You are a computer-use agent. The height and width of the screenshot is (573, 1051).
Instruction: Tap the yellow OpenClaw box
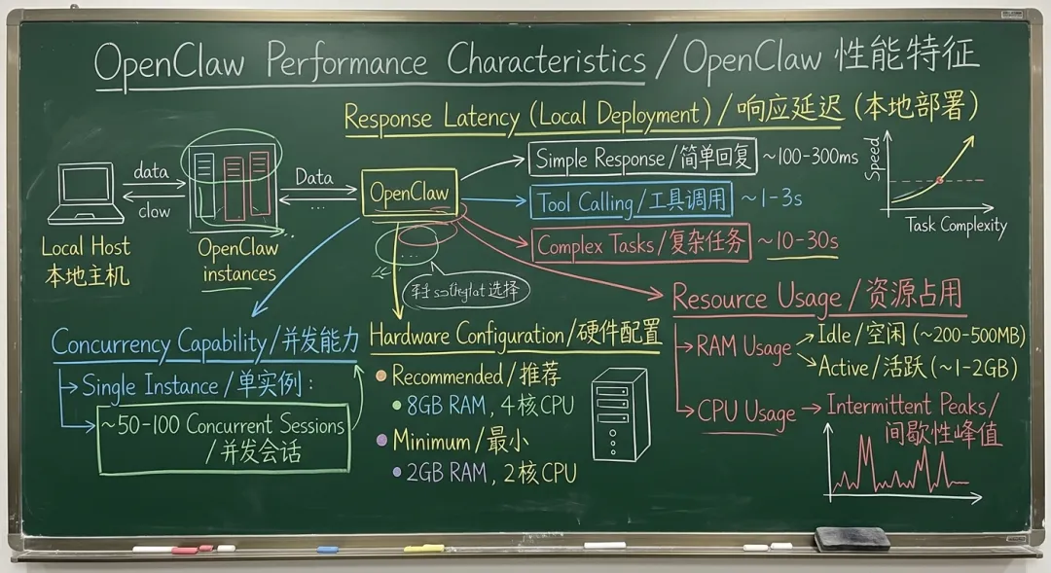click(409, 193)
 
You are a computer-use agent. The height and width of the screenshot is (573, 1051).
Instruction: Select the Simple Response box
click(642, 159)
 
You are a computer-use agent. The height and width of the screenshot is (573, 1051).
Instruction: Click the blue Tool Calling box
click(631, 201)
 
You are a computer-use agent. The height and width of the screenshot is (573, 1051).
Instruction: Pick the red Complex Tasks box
click(640, 244)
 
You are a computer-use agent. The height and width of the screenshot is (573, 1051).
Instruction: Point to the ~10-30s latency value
click(798, 242)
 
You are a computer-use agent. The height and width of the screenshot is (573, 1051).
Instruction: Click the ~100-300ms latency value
click(810, 158)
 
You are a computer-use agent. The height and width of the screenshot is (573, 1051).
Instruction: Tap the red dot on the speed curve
click(939, 180)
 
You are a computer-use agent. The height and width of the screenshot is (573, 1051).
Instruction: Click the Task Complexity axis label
click(957, 226)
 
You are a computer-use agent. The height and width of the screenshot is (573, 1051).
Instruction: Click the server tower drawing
click(619, 413)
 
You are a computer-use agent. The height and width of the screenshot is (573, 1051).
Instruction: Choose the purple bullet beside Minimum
click(382, 441)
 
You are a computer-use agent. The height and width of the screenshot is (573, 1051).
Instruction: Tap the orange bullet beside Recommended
click(382, 376)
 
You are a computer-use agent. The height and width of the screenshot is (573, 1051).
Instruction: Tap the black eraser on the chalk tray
click(852, 538)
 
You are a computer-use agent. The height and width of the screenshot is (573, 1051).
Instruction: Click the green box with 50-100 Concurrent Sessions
click(224, 438)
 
